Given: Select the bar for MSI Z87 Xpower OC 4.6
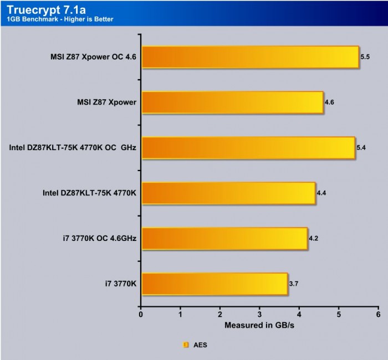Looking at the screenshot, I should (x=250, y=57).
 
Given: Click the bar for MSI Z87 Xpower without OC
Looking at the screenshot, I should (x=232, y=102).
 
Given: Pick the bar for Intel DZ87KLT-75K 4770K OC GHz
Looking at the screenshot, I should (x=248, y=148).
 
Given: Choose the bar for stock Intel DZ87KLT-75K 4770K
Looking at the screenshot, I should (x=228, y=193).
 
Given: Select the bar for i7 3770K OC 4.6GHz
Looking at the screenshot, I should (x=224, y=239).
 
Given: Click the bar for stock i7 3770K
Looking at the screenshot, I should (x=215, y=284).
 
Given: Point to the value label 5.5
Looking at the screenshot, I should (x=365, y=57).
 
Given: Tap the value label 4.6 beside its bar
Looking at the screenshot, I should (x=329, y=102).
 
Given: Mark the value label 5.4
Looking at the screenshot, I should (x=361, y=148).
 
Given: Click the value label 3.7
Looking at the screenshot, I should (x=294, y=284).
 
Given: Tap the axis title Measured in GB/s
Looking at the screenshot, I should (x=259, y=325).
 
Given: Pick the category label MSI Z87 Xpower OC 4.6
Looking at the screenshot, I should (x=92, y=57).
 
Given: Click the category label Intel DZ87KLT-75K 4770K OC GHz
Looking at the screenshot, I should (x=73, y=148).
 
